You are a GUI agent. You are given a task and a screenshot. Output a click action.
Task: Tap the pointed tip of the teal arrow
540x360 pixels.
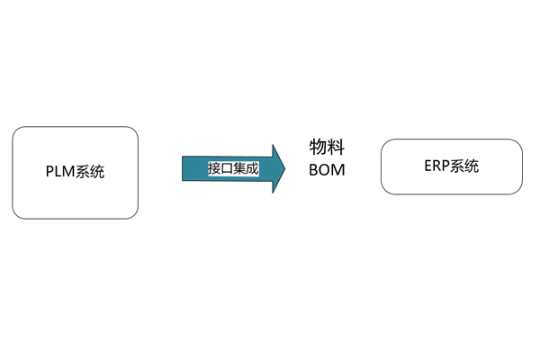285,169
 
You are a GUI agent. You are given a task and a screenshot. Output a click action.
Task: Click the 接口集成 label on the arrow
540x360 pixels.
233,169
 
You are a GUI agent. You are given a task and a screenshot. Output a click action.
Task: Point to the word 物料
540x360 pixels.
327,147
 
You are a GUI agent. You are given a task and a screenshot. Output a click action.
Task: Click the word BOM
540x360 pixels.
327,170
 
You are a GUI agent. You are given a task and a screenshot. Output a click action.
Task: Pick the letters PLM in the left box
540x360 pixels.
60,171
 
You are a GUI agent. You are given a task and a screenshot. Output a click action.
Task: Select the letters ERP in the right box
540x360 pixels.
437,166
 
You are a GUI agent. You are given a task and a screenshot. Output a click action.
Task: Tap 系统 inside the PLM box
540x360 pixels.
89,172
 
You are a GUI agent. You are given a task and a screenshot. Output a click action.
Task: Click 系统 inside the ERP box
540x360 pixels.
464,166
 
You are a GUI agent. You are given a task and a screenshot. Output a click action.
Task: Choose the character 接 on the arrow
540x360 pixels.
214,169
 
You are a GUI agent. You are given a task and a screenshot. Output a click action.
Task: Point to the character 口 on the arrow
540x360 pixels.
227,169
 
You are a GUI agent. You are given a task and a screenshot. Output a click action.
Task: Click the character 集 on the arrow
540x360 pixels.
239,169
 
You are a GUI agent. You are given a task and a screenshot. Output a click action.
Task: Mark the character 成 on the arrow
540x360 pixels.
252,169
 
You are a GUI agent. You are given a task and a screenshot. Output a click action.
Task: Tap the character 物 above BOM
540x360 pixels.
318,147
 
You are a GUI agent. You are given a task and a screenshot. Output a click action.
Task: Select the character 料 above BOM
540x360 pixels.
336,147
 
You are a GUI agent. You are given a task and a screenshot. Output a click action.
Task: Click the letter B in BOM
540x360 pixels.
314,170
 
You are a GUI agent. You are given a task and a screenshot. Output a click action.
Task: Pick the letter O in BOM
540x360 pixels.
325,170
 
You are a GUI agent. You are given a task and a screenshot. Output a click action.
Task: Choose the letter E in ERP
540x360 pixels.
428,166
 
